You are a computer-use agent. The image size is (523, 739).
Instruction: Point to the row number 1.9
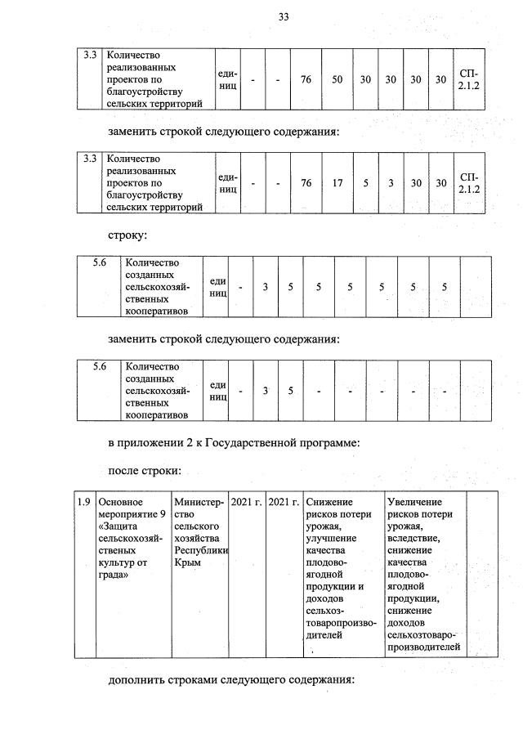pos(83,500)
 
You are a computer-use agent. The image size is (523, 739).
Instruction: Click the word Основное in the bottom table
pos(120,500)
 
